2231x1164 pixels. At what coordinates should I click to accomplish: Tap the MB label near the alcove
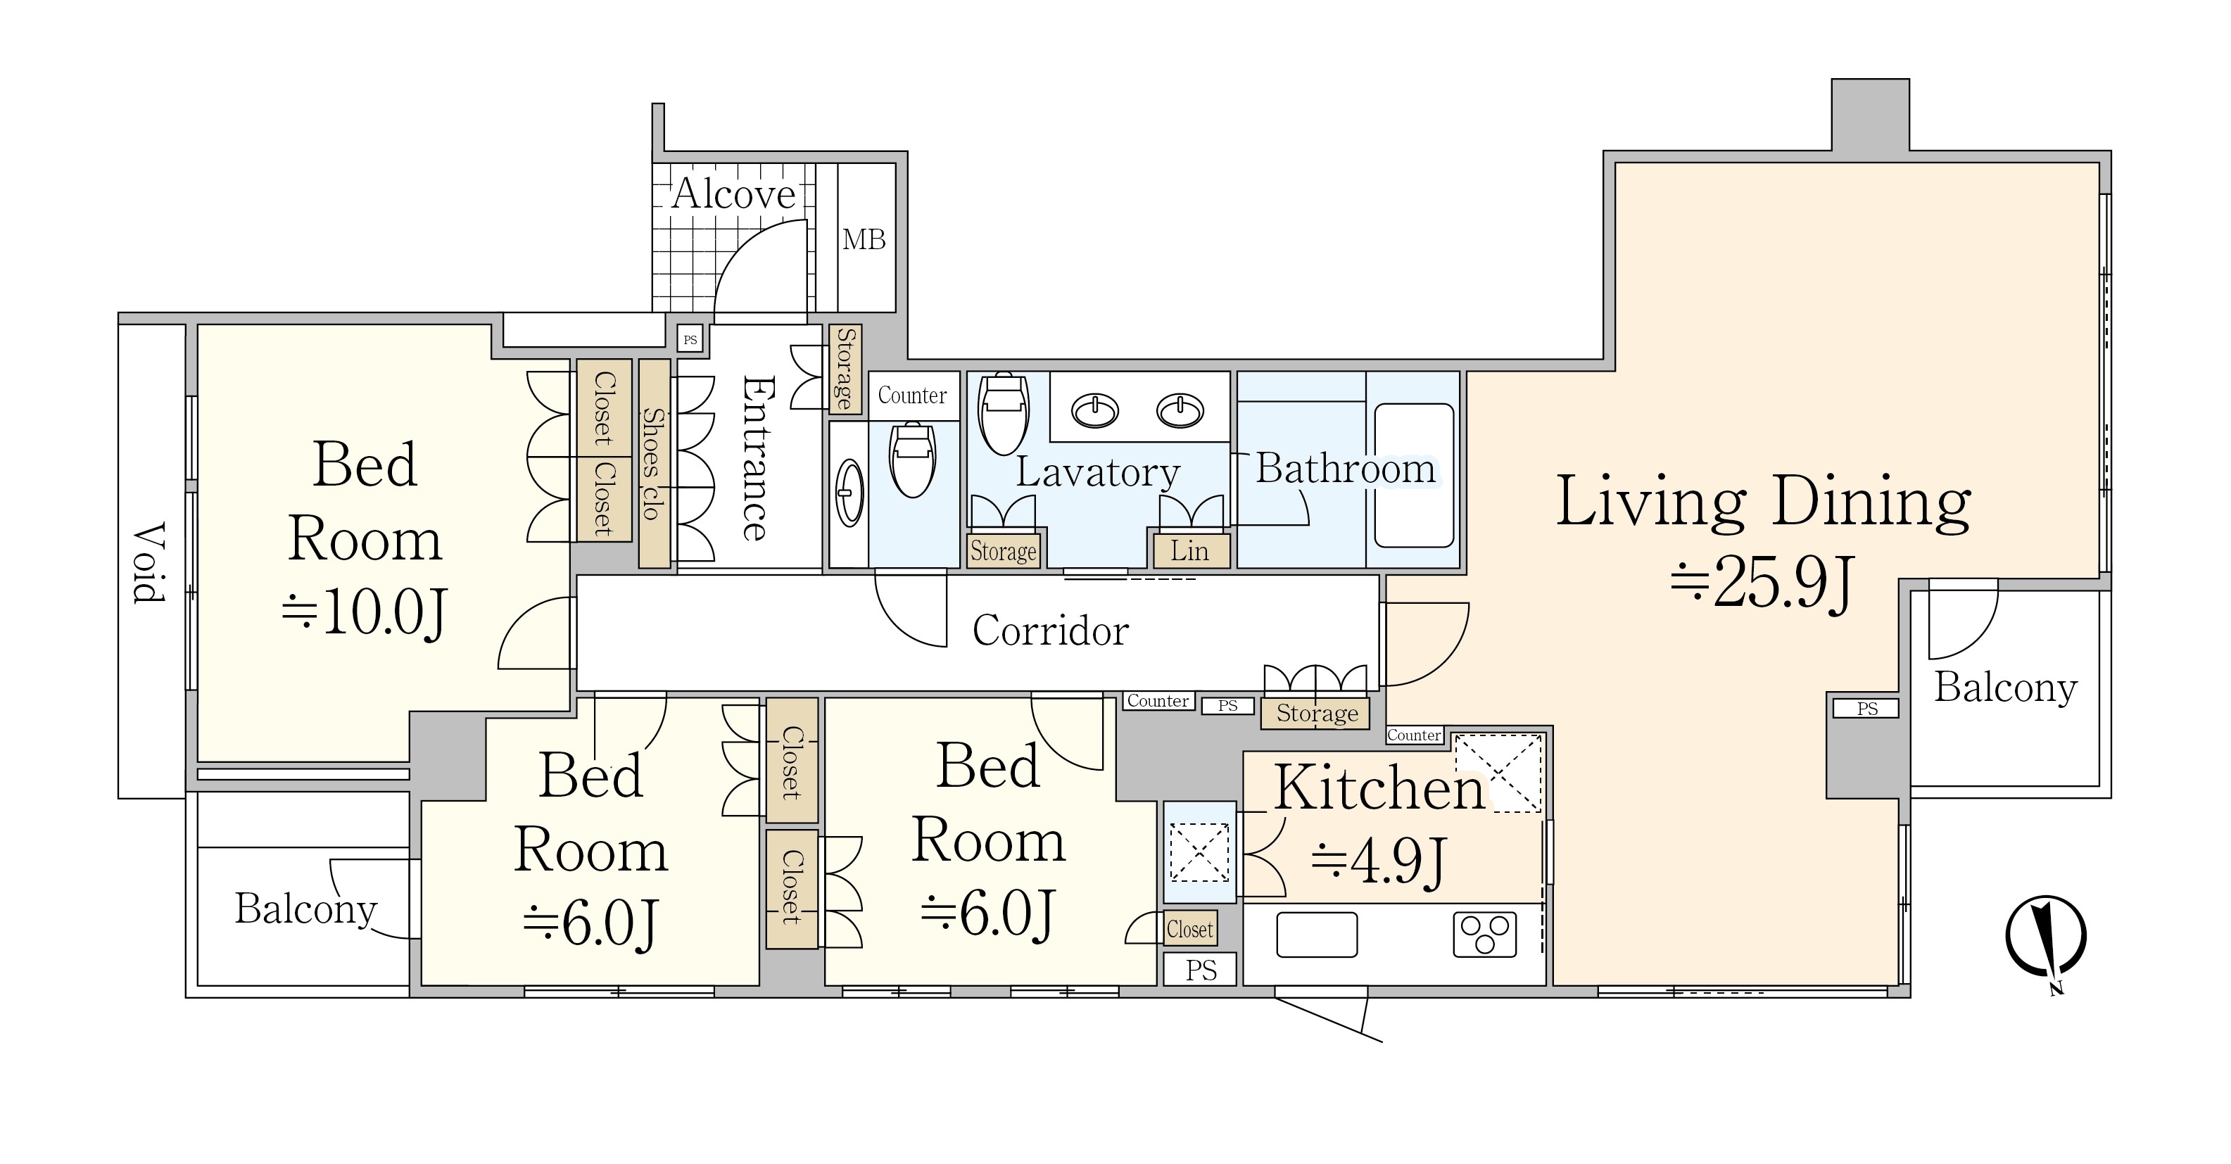tap(864, 239)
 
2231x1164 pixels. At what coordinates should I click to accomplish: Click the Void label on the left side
tap(149, 562)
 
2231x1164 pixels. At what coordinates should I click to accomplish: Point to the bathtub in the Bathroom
tap(1413, 474)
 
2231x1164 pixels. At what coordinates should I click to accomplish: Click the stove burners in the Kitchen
tap(1484, 935)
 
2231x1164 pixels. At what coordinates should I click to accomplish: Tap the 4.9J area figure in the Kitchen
tap(1379, 860)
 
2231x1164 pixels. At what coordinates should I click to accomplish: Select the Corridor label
tap(1051, 630)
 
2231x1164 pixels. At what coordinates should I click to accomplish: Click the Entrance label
tap(756, 458)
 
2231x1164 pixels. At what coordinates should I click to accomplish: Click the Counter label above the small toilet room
tap(913, 396)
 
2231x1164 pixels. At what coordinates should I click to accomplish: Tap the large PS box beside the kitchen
tap(1201, 970)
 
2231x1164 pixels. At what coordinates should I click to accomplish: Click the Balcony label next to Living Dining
tap(2006, 688)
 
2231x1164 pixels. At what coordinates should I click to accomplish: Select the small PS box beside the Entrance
tap(690, 339)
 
